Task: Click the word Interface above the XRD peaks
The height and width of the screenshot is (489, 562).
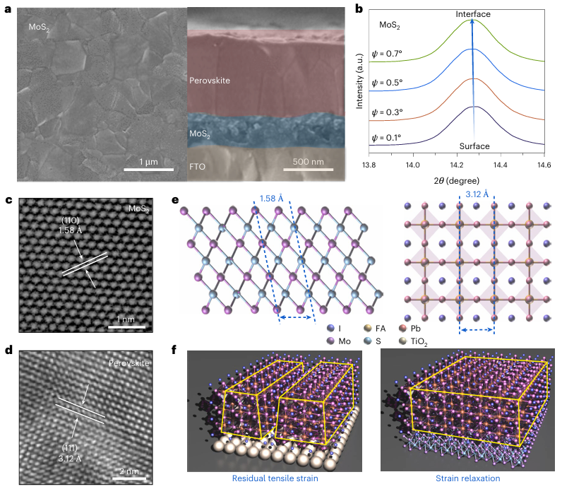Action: (472, 13)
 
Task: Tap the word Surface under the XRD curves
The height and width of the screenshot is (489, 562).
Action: (472, 146)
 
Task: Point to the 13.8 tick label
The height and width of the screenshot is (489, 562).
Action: (368, 165)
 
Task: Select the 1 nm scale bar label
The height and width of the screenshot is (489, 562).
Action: (128, 319)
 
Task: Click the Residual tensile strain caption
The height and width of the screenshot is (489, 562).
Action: (275, 479)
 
